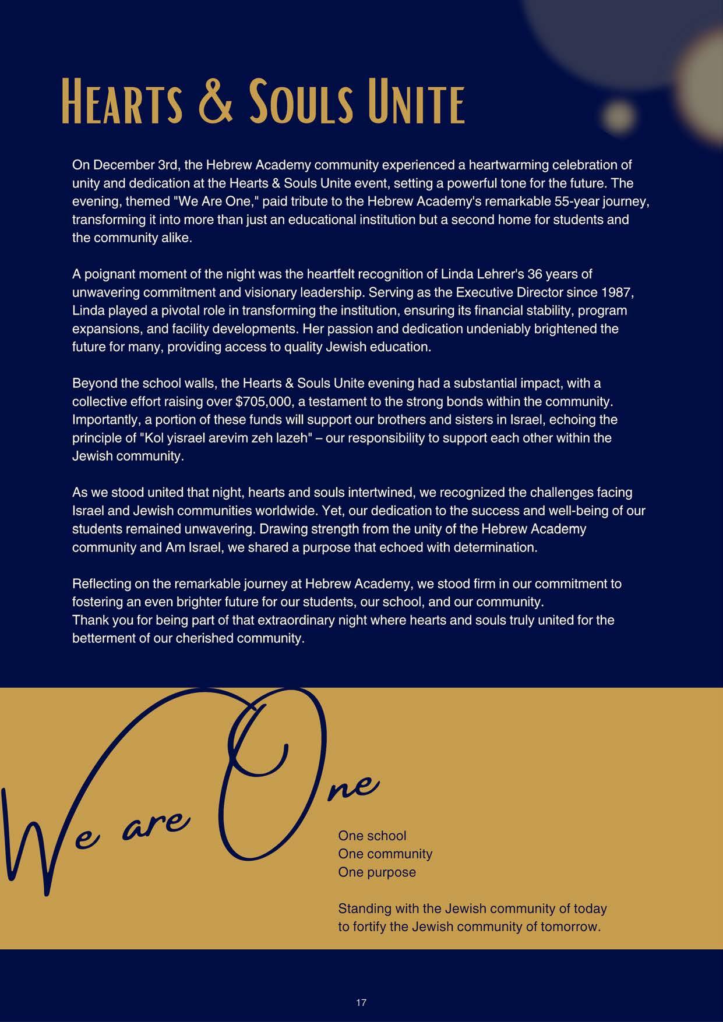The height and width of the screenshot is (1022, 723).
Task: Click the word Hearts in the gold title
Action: (122, 102)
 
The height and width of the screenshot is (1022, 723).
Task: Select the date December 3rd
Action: (136, 165)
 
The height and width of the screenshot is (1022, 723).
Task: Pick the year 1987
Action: (616, 292)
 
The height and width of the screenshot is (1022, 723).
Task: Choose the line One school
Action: (372, 836)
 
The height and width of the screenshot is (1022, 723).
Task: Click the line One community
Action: (385, 854)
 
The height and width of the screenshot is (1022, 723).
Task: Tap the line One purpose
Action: (377, 872)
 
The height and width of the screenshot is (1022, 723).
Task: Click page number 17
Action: (361, 1002)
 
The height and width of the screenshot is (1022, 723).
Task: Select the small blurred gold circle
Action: (616, 115)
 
